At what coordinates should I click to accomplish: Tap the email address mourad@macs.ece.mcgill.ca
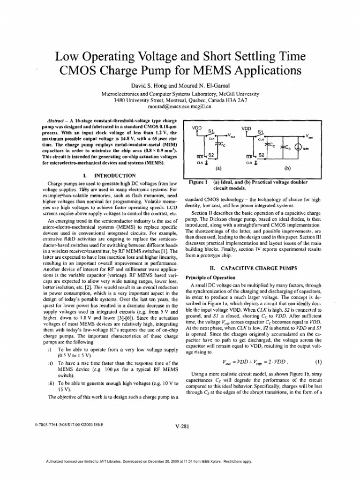pos(180,106)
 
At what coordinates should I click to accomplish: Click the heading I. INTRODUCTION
pos(109,174)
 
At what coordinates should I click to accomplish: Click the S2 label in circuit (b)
pos(261,155)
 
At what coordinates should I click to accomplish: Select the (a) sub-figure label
pos(217,166)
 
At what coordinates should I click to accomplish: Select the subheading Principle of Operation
pos(210,277)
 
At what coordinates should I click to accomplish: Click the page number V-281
pos(180,426)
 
